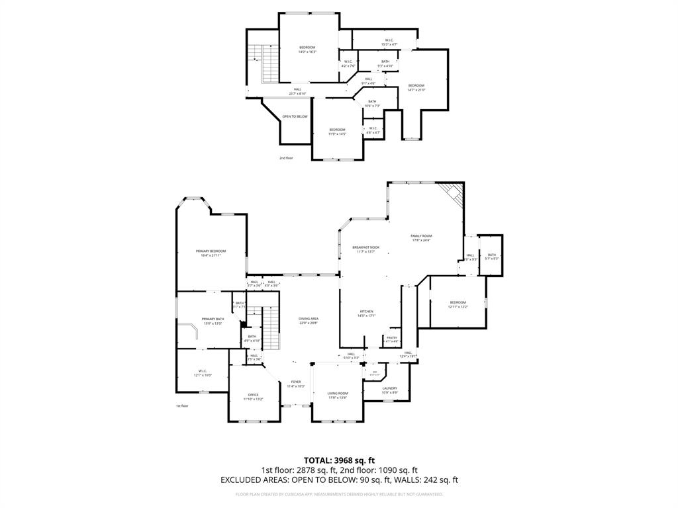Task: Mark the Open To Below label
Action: [x=295, y=116]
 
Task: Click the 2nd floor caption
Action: [x=286, y=158]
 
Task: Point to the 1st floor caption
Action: [x=182, y=405]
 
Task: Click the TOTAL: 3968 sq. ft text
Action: [x=339, y=460]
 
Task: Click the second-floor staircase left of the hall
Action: [x=268, y=64]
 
